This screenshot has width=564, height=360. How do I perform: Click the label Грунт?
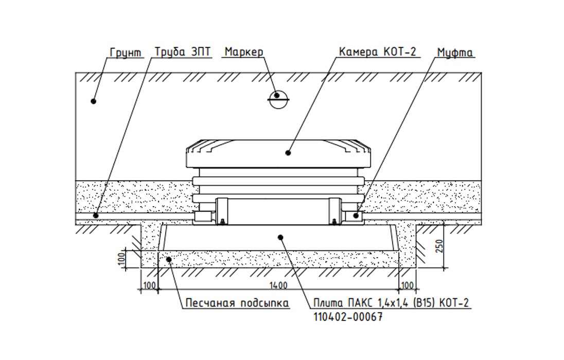click(x=126, y=52)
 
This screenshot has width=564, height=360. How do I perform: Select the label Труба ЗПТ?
click(x=183, y=52)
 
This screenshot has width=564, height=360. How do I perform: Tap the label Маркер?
click(x=244, y=52)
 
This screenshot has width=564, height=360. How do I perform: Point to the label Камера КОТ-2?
click(x=377, y=52)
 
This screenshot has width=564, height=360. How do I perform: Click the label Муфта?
click(x=455, y=52)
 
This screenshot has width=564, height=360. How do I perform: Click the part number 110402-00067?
click(x=348, y=317)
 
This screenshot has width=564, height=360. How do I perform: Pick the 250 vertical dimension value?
click(x=438, y=246)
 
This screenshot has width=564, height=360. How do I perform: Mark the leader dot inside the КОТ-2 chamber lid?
click(x=288, y=152)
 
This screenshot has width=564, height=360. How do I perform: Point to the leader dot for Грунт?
click(x=94, y=101)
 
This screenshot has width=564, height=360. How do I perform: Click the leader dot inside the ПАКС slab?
click(x=280, y=237)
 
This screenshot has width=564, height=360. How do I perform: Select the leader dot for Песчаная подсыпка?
click(x=169, y=259)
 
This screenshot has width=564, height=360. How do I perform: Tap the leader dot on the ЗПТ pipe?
click(x=96, y=215)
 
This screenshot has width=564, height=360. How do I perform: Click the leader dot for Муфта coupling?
click(x=356, y=215)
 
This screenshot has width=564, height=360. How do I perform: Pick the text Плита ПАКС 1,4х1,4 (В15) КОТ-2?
click(x=391, y=303)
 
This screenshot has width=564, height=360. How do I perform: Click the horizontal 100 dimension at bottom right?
click(x=408, y=285)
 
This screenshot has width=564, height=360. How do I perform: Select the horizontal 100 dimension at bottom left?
click(x=149, y=285)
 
